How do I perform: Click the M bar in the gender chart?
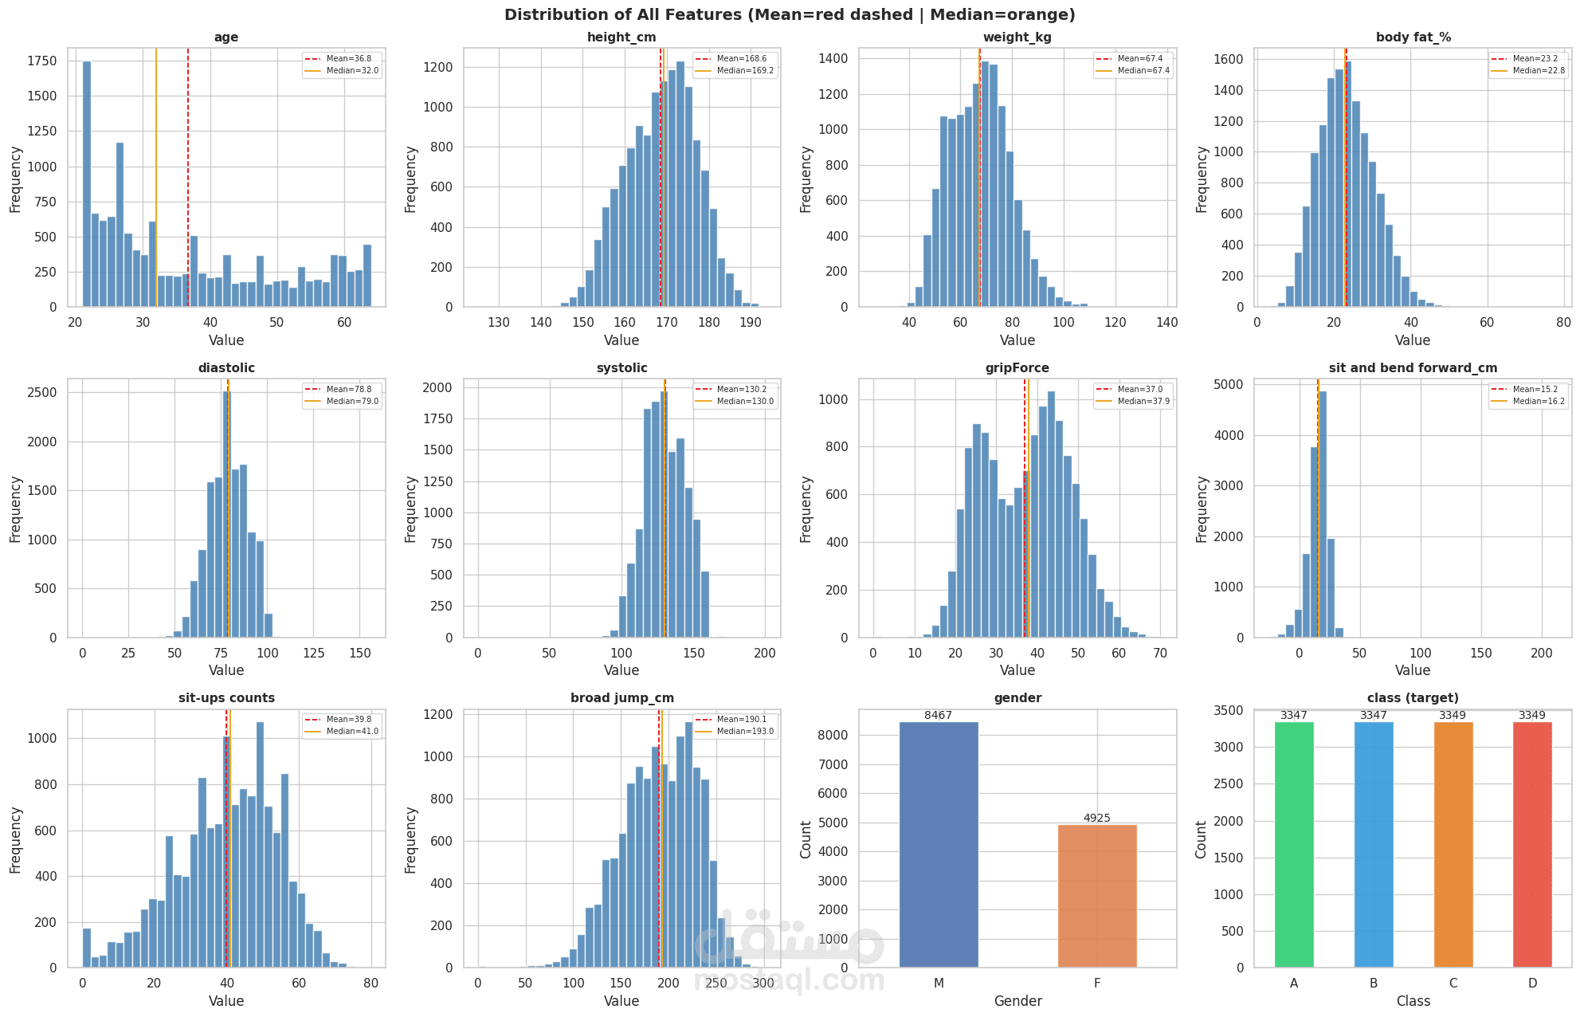click(x=939, y=845)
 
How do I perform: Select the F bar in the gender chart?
click(x=1097, y=896)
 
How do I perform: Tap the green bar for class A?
click(x=1294, y=845)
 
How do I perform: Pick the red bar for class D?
click(x=1532, y=845)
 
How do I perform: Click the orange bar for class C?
click(x=1453, y=845)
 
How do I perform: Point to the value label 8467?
click(x=939, y=716)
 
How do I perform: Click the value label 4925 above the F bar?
click(x=1097, y=819)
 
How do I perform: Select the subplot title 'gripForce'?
click(x=1017, y=368)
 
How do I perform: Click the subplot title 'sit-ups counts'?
click(x=226, y=698)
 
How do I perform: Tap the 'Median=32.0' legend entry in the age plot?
click(x=352, y=71)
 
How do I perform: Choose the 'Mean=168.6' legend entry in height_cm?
click(x=741, y=59)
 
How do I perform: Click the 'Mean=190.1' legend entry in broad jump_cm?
click(x=741, y=720)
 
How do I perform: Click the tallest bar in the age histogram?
click(x=87, y=183)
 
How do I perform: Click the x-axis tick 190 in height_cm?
click(x=750, y=323)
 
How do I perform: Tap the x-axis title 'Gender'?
click(x=1017, y=1001)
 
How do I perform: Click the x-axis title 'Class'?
click(x=1413, y=1001)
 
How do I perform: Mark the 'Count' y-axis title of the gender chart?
click(x=806, y=839)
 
